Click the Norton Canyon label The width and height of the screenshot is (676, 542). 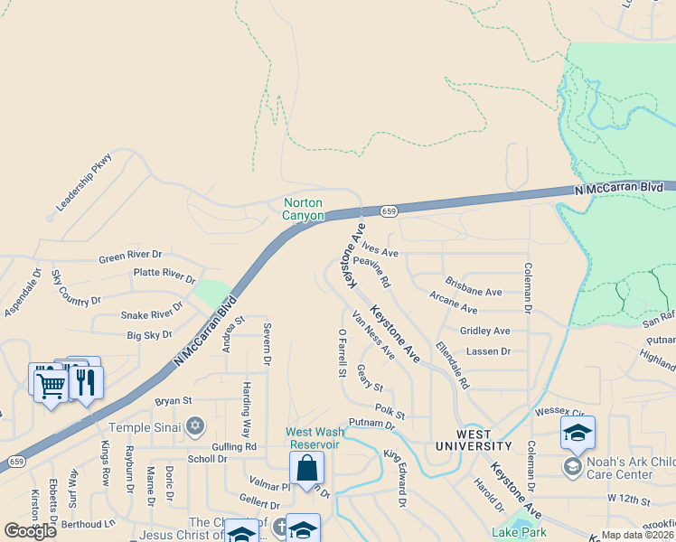(303, 210)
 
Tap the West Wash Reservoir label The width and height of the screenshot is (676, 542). (313, 438)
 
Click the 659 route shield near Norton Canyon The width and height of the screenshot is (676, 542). (389, 211)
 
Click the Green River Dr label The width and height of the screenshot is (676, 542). (131, 256)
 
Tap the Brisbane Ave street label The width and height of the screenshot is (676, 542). (474, 293)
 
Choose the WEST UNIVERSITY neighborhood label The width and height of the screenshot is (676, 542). (474, 441)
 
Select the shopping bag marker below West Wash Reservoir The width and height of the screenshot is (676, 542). (306, 468)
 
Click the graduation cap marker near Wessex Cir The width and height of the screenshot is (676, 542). (577, 433)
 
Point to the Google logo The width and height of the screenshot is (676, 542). (30, 531)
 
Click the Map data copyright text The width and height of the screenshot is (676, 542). (637, 535)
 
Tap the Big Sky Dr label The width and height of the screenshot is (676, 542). (149, 335)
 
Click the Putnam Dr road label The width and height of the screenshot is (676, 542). (373, 423)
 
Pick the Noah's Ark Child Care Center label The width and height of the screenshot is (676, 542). (630, 468)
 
